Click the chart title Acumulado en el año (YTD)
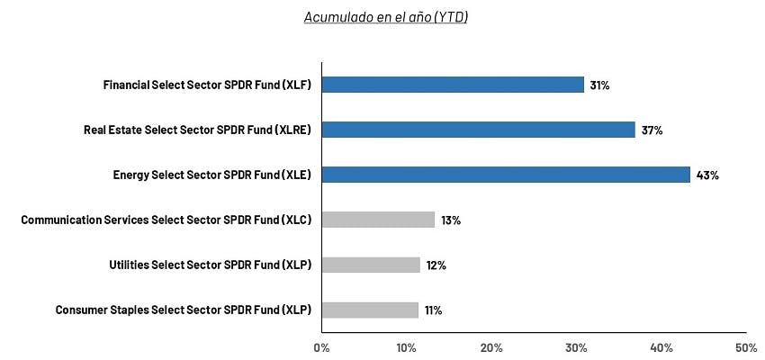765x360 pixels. [386, 18]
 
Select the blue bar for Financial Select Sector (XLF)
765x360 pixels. [453, 85]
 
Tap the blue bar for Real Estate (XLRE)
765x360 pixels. [478, 130]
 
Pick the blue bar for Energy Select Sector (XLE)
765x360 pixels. [506, 175]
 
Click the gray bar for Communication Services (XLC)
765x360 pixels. [378, 220]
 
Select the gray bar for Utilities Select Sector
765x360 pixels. [371, 265]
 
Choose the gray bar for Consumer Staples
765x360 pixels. [370, 310]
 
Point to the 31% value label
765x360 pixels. [599, 85]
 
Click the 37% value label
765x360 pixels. [652, 130]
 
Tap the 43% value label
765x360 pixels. [707, 175]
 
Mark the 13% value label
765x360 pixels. [450, 220]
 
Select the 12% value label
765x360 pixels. [436, 265]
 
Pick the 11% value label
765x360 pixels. [433, 310]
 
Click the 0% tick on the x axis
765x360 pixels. [321, 347]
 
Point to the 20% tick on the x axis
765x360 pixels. [491, 347]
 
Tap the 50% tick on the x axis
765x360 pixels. [746, 347]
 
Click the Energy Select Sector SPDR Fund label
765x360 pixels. [206, 175]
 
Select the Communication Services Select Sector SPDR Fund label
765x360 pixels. [166, 220]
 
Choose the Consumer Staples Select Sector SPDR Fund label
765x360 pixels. [183, 310]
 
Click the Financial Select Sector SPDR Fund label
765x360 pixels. [207, 85]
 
